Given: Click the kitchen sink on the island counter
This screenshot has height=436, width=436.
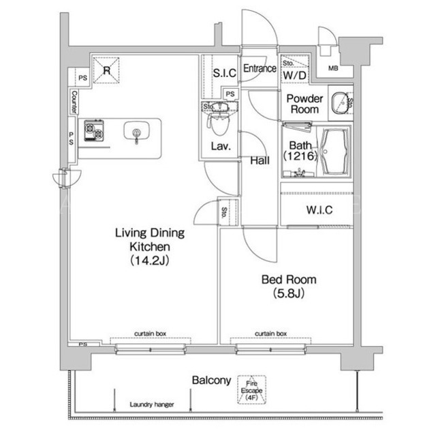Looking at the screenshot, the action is click(136, 131).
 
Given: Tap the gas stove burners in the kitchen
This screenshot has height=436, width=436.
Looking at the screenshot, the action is click(94, 130).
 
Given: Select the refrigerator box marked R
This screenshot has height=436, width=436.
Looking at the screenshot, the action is click(106, 70).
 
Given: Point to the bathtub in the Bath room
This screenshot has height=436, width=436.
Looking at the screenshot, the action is click(334, 151).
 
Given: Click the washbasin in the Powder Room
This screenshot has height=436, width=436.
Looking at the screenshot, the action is click(340, 103).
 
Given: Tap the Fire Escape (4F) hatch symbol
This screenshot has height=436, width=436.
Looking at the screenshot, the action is click(251, 390).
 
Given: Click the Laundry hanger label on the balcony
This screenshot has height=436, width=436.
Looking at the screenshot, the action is click(152, 405).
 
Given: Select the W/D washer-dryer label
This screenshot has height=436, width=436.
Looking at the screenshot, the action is click(295, 76).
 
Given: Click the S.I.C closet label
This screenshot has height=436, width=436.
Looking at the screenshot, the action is click(225, 73).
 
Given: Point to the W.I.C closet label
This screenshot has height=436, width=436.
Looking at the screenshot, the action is click(320, 210).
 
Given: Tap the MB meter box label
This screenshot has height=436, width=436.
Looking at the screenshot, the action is click(333, 68).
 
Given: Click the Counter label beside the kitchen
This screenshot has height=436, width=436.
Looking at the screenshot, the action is click(74, 102).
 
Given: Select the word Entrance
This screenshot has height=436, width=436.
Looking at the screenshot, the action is click(260, 68).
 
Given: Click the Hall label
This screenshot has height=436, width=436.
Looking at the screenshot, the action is click(260, 160).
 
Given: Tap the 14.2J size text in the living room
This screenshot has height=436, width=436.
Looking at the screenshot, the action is click(150, 261).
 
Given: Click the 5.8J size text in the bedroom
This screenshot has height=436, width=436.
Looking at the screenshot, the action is click(289, 293).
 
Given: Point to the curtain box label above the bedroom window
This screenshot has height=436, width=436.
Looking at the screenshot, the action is click(270, 334).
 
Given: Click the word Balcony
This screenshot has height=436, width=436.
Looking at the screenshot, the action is click(212, 381).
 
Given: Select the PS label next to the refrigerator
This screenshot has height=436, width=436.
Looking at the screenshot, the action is click(82, 78).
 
